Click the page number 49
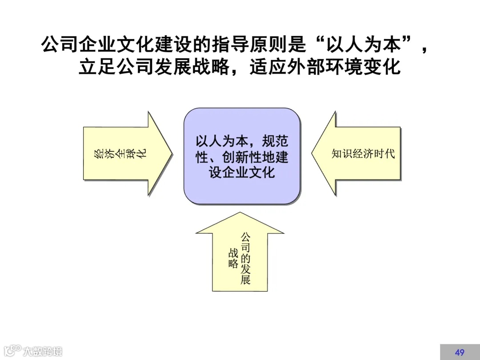460,352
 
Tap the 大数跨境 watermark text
43,351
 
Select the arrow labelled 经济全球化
127,153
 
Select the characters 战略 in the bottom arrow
233,258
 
